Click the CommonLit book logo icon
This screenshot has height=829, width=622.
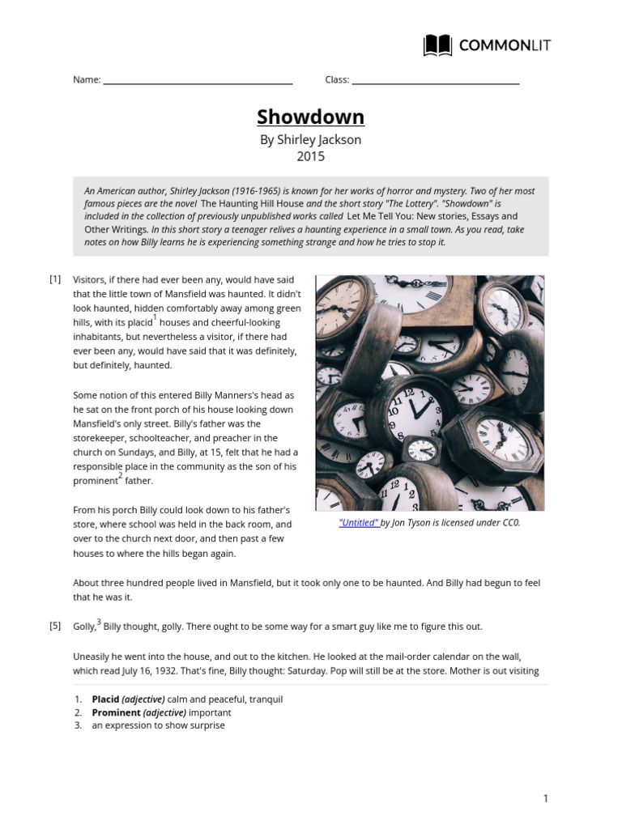click(x=438, y=45)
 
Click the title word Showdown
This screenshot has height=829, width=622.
click(x=311, y=117)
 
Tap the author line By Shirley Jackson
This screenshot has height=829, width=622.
click(x=311, y=139)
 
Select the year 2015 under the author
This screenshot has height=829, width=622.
click(x=311, y=156)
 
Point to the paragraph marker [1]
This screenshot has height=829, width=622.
click(x=55, y=279)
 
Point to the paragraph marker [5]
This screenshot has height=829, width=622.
click(x=55, y=626)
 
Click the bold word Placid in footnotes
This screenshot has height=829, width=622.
click(x=105, y=699)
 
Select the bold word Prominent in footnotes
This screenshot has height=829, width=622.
click(x=116, y=712)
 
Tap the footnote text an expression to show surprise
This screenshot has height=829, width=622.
click(x=158, y=725)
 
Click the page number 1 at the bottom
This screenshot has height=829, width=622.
click(x=546, y=799)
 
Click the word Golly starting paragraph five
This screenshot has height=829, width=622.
click(x=84, y=627)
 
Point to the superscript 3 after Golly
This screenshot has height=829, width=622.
click(x=99, y=622)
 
